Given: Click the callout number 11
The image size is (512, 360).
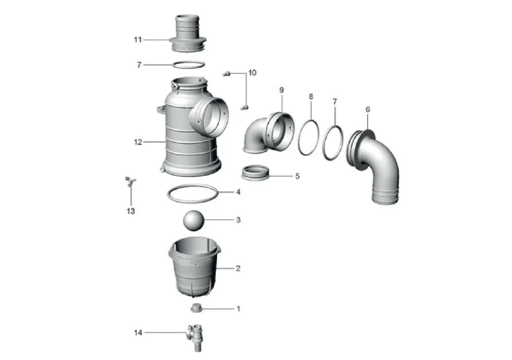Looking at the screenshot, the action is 138,40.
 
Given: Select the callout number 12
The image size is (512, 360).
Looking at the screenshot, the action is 138,142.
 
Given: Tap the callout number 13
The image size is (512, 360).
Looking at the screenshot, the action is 131,211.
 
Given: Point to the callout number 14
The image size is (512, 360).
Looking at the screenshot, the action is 138,332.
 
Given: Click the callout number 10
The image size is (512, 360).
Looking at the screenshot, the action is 252,73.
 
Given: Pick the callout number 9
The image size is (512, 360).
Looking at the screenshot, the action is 282,90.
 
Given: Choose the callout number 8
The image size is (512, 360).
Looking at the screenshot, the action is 311,96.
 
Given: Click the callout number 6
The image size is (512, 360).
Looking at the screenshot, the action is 368,109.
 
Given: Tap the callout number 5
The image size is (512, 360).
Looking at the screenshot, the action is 297,176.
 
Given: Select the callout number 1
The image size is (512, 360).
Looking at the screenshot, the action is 238,309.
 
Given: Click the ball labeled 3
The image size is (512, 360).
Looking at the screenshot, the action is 193,220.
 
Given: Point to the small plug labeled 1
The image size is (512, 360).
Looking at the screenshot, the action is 196,308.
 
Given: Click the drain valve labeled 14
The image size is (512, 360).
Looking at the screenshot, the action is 196,338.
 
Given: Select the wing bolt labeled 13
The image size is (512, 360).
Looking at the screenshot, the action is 130,182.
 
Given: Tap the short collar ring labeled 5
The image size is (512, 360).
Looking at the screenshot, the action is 255,173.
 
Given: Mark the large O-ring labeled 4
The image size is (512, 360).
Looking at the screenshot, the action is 168,194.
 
